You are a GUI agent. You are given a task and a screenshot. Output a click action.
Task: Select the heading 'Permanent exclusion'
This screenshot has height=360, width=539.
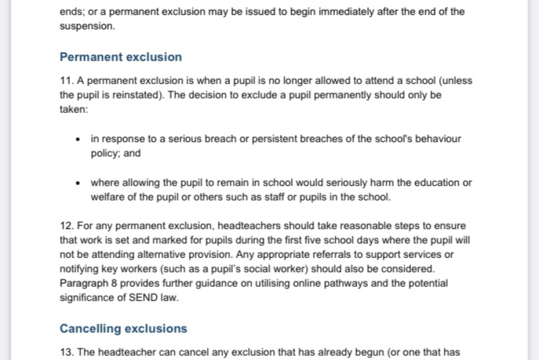[x=121, y=57]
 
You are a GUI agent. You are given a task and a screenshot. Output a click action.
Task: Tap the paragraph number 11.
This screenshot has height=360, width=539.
[x=66, y=81]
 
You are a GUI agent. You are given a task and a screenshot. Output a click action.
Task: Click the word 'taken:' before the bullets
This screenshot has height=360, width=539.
[x=73, y=109]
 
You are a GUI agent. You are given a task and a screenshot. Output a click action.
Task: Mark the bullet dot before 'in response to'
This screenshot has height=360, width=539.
[x=78, y=139]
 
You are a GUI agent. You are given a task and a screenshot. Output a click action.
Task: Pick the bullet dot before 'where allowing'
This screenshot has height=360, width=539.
[x=78, y=183]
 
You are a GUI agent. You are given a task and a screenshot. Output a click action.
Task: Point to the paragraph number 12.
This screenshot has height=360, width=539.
[x=66, y=226]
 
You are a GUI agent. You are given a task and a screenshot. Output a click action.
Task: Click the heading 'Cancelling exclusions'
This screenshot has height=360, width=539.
[x=123, y=329]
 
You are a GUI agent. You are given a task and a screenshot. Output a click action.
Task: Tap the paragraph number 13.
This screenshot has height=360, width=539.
[x=66, y=353]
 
